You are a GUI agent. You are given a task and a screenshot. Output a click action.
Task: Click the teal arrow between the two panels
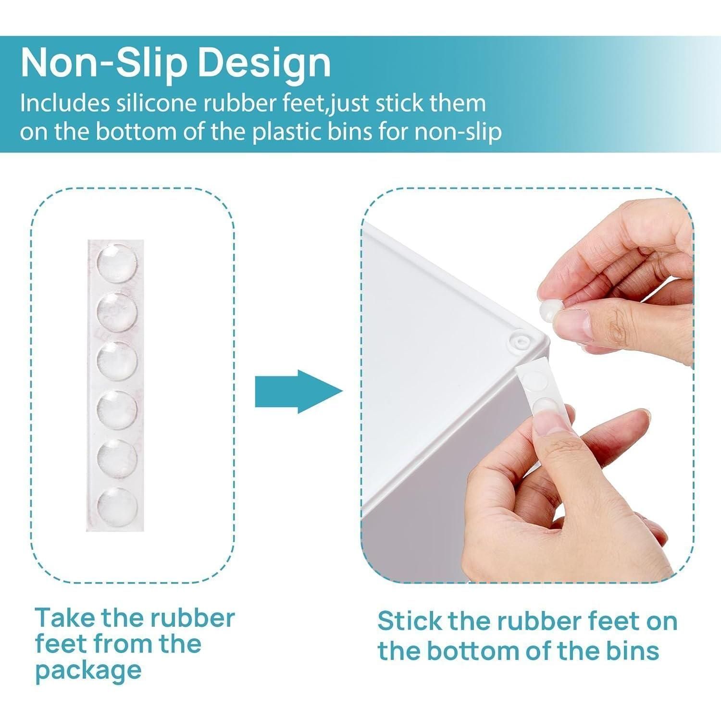pyautogui.click(x=298, y=391)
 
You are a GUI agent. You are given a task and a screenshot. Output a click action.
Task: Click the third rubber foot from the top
pyautogui.click(x=117, y=360)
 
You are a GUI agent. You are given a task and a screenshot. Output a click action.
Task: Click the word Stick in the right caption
pyautogui.click(x=409, y=621)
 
